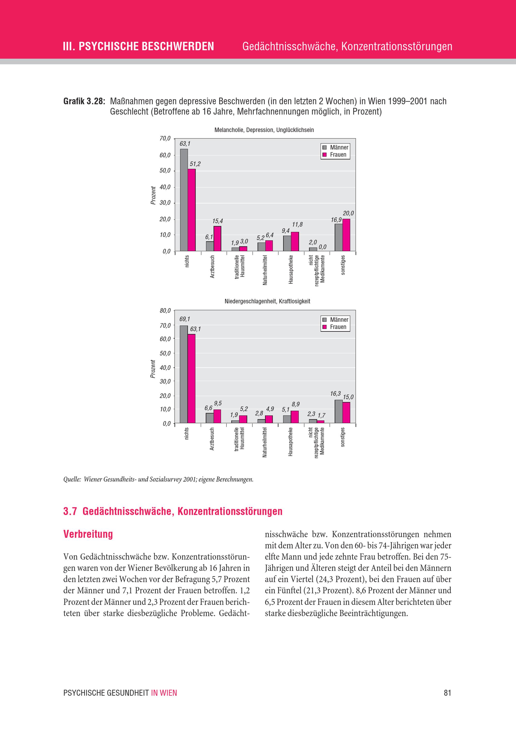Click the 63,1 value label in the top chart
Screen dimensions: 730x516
pos(185,144)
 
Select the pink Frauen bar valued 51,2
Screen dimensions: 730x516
pos(191,210)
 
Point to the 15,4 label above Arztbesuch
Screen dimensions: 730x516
pos(217,221)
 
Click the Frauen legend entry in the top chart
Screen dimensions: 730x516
pos(335,155)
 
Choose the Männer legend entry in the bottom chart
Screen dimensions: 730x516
pos(336,320)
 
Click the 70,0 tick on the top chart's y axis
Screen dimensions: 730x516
pos(165,138)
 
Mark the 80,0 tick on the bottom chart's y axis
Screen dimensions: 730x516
pos(165,311)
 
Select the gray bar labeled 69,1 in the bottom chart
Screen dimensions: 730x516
pos(184,374)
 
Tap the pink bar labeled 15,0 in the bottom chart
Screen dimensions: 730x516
pos(346,412)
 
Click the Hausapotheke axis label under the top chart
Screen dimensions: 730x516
pos(291,269)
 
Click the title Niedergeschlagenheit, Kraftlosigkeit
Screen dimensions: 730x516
pos(267,301)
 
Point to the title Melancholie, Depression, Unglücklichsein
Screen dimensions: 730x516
pos(264,130)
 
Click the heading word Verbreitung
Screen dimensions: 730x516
pos(88,534)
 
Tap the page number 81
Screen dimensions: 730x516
pos(447,693)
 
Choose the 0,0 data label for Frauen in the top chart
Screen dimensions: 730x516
pos(322,247)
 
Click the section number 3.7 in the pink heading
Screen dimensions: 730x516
pos(70,511)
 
